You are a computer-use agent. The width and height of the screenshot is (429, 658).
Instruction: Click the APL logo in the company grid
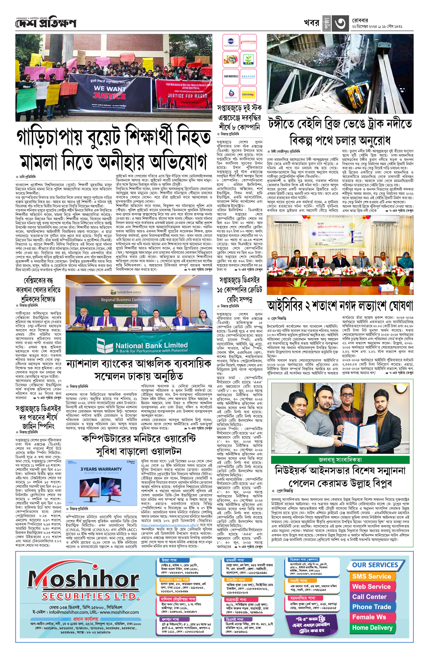248,59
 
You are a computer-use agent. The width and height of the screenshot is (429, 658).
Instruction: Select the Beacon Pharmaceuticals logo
248,76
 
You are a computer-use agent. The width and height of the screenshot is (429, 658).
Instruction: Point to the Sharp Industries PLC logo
231,76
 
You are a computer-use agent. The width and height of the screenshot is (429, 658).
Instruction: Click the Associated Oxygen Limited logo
248,42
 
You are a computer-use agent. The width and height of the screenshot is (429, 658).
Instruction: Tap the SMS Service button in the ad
371,576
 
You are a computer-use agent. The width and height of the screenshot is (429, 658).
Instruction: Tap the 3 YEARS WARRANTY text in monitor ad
101,469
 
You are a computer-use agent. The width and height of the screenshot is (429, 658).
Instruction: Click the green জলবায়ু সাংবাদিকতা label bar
340,459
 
